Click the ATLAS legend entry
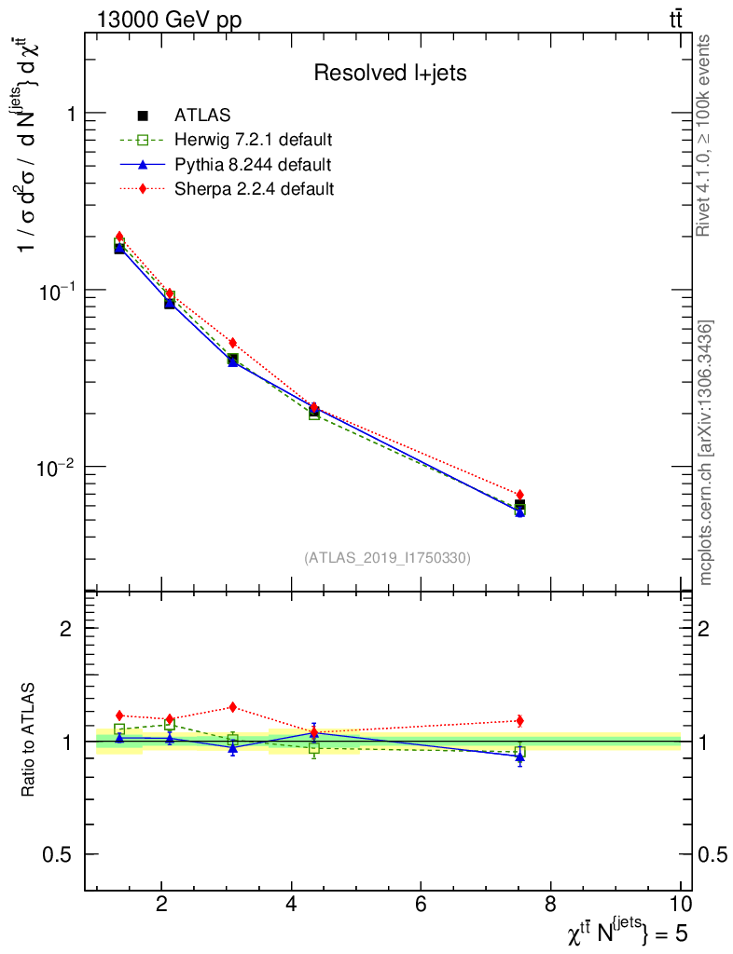(x=202, y=116)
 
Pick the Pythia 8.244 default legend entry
(x=252, y=165)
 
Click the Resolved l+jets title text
(x=390, y=74)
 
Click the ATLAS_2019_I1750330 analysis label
(x=387, y=558)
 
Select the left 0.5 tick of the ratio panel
(x=60, y=854)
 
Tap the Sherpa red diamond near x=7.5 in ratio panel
(x=519, y=720)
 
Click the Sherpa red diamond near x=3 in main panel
(x=233, y=343)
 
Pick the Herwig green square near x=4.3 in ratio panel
(x=314, y=747)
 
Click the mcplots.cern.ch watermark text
(x=706, y=453)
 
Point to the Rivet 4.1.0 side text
(x=705, y=135)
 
